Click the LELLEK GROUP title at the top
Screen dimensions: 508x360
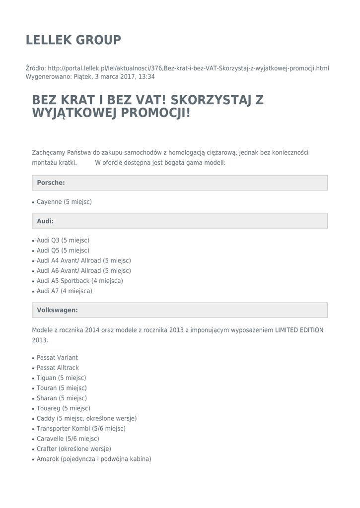click(x=73, y=40)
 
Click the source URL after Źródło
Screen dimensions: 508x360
click(x=189, y=68)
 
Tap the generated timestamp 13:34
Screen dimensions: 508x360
click(x=146, y=77)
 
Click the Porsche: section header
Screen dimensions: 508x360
click(x=51, y=183)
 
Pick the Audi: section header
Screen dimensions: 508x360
click(x=45, y=221)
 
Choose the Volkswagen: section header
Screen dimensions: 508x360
click(x=57, y=310)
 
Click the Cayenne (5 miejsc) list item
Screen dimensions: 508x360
click(x=64, y=202)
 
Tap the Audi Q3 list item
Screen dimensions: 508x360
click(x=63, y=240)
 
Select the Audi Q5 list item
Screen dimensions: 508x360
click(x=63, y=251)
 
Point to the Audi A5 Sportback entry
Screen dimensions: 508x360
click(x=79, y=281)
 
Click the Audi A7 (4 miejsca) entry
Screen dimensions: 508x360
click(x=64, y=291)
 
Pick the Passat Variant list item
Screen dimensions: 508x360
click(x=57, y=358)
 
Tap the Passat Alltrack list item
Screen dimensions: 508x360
click(x=58, y=368)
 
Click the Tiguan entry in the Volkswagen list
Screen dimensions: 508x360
click(x=61, y=378)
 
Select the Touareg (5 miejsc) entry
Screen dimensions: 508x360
click(x=64, y=408)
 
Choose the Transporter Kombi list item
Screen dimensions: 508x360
click(x=81, y=429)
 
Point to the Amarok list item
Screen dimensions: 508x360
click(x=94, y=459)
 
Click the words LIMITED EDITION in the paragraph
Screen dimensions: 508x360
click(x=299, y=330)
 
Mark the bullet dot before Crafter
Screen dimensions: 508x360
click(x=33, y=449)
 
